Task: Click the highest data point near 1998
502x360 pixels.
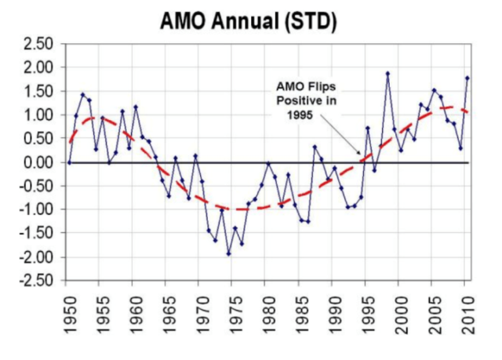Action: click(387, 74)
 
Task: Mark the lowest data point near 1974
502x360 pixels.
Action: click(228, 253)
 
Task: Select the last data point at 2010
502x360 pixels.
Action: click(467, 78)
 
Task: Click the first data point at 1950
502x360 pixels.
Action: click(69, 162)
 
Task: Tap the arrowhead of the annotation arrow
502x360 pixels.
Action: click(362, 156)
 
